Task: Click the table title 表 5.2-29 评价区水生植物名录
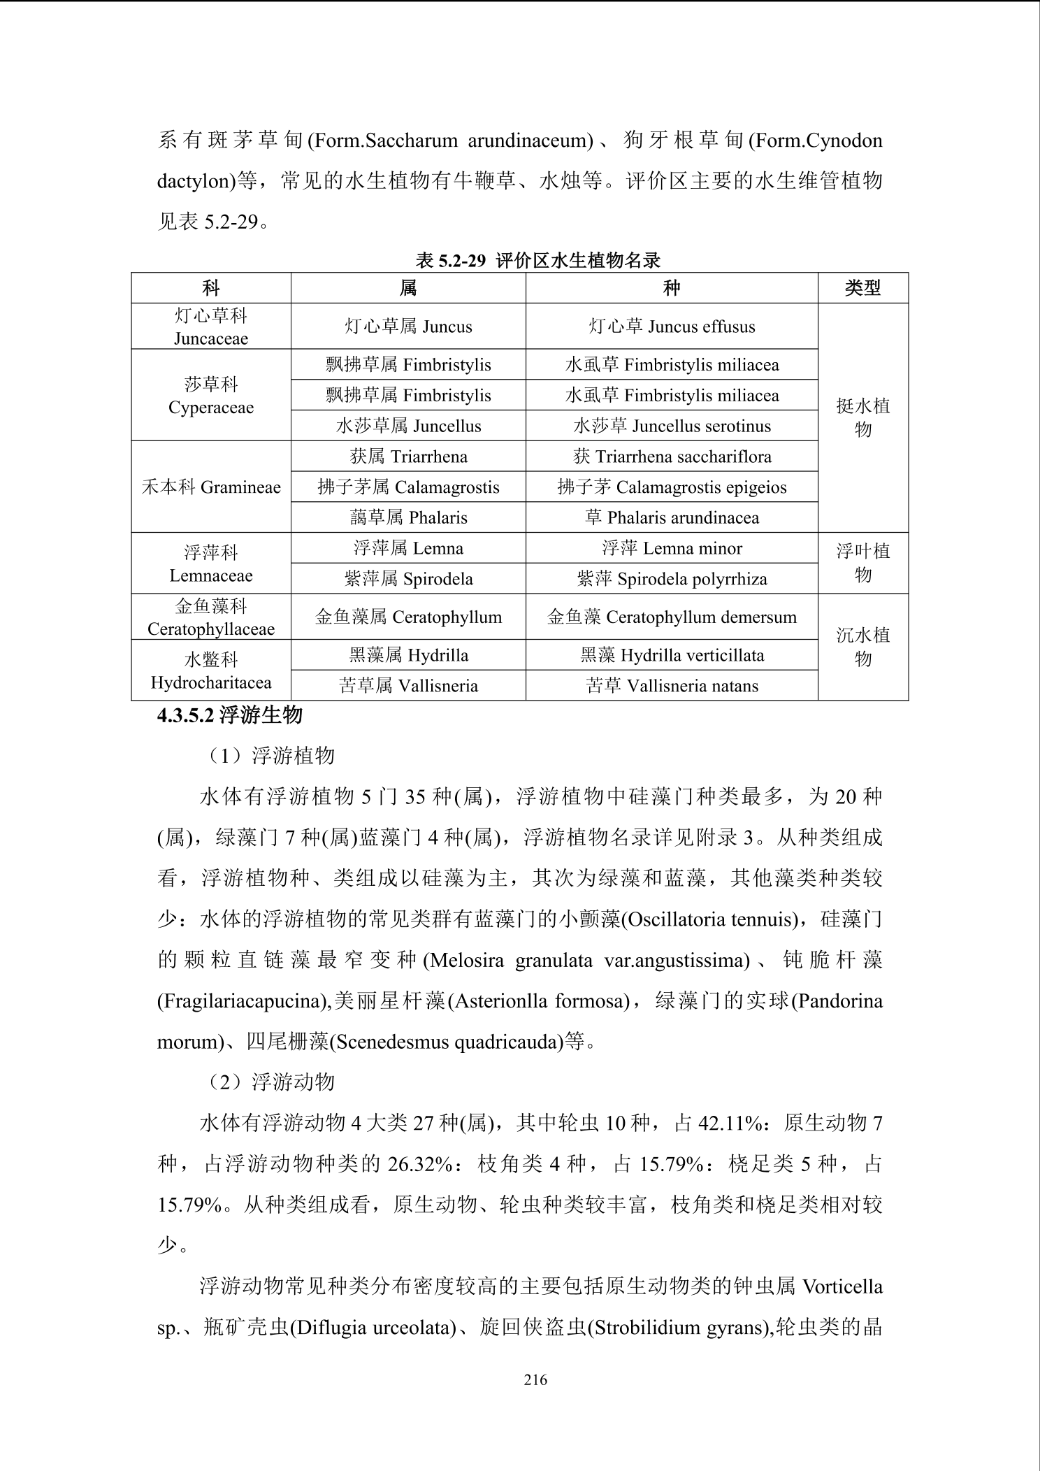click(x=537, y=261)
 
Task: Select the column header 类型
click(x=862, y=288)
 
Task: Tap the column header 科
click(x=211, y=288)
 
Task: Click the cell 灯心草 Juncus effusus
click(x=672, y=327)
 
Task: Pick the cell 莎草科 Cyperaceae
click(x=211, y=396)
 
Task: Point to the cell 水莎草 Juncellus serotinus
click(x=672, y=426)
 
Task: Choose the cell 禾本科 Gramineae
click(x=211, y=487)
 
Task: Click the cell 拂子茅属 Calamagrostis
click(x=408, y=487)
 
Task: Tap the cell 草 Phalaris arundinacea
click(x=672, y=518)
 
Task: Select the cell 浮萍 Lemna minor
click(x=672, y=549)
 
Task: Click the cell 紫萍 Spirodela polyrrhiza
click(x=672, y=579)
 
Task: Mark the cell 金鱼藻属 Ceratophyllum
click(x=408, y=617)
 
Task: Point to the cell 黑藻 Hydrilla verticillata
click(x=672, y=655)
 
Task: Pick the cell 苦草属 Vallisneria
click(x=408, y=686)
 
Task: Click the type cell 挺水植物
click(x=862, y=417)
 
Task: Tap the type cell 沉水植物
click(x=862, y=647)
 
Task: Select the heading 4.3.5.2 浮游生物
click(x=230, y=715)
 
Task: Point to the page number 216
click(x=535, y=1379)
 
